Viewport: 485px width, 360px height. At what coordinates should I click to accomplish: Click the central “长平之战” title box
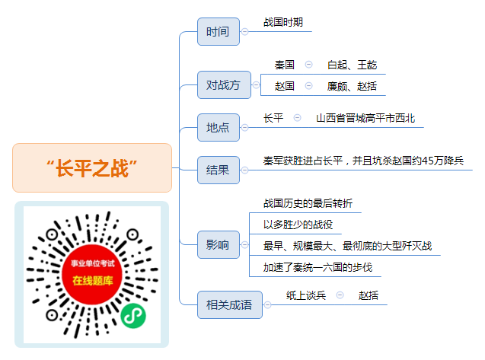tap(92, 168)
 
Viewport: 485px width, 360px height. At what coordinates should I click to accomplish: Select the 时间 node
tap(219, 31)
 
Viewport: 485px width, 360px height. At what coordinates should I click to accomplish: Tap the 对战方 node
tap(224, 84)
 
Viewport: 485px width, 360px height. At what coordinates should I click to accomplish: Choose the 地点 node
tap(219, 127)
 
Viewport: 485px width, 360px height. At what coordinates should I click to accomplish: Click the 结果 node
tap(219, 170)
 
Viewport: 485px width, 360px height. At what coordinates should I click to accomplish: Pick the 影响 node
tap(219, 244)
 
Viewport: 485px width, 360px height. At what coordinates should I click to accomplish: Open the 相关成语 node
tap(230, 304)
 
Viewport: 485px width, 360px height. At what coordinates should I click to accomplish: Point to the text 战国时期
tap(283, 22)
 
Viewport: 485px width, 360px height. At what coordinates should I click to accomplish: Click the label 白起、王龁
tap(352, 65)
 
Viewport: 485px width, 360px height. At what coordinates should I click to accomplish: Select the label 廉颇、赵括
tap(352, 86)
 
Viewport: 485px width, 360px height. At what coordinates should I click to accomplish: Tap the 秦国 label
tap(284, 65)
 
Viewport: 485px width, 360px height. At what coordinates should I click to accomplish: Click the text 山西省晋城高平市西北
tap(365, 118)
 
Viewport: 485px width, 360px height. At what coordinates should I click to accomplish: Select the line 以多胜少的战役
tap(298, 225)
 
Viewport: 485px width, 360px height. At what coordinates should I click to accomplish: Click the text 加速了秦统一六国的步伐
tap(317, 267)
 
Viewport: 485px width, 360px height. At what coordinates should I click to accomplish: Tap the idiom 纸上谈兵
tap(306, 295)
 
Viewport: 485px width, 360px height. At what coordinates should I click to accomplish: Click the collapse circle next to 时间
tap(244, 31)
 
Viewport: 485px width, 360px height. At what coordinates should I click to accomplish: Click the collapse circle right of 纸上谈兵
tap(340, 295)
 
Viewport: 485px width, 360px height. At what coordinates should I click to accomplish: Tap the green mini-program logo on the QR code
tap(133, 316)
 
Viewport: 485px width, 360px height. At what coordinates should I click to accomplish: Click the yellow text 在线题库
tap(92, 281)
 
